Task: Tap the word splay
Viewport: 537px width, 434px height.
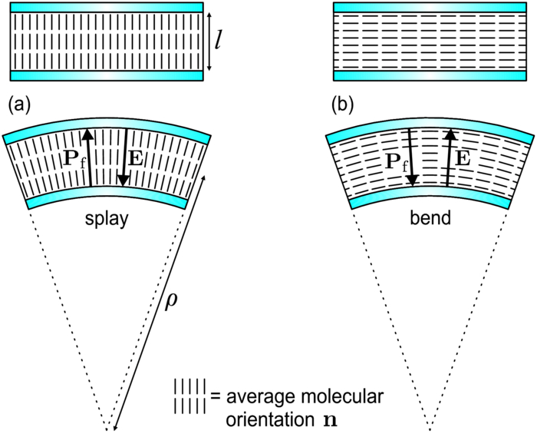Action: (107, 219)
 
